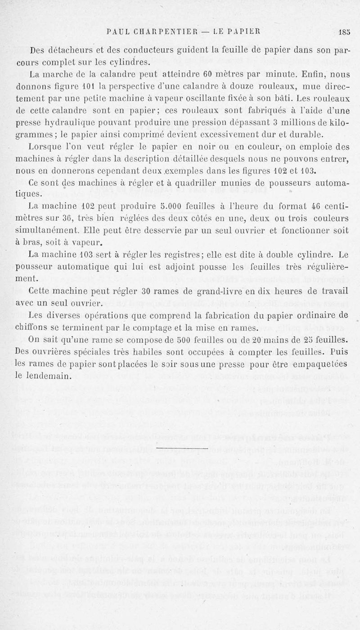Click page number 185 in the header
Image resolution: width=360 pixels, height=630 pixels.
tap(345, 32)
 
